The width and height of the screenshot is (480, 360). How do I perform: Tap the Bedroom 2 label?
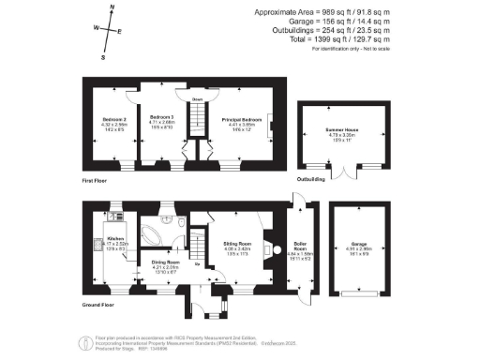click(x=113, y=120)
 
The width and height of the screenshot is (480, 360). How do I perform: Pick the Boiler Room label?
click(x=302, y=244)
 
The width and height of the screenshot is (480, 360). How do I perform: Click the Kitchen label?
click(x=115, y=239)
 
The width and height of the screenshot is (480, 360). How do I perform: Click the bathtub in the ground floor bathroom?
click(x=151, y=232)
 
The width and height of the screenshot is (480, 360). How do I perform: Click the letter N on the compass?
click(x=112, y=8)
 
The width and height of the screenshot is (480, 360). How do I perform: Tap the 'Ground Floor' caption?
click(x=98, y=305)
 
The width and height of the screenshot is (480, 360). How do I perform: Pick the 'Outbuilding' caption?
click(x=311, y=177)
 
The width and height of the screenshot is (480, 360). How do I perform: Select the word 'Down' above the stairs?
click(x=198, y=98)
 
